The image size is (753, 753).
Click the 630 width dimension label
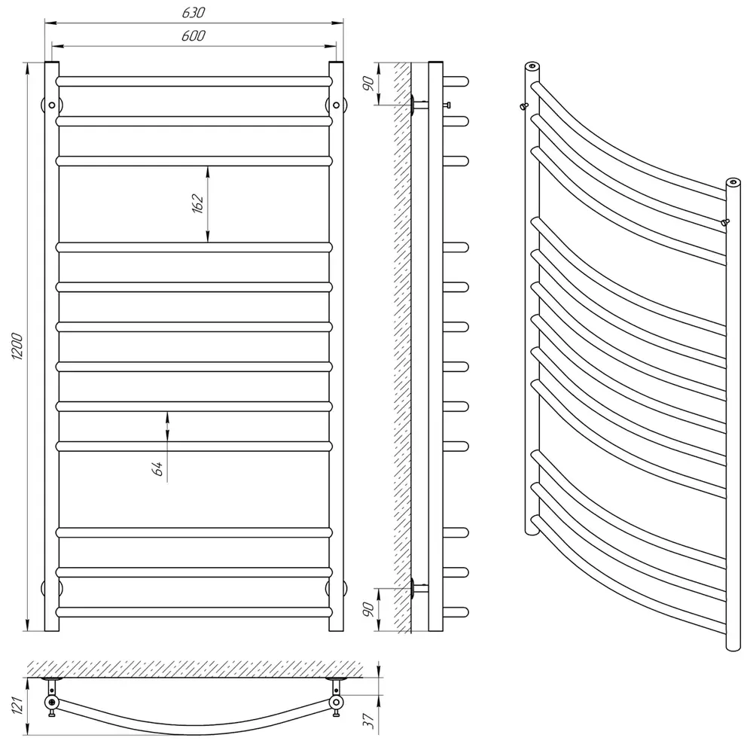(x=193, y=12)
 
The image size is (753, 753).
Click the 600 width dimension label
(x=193, y=35)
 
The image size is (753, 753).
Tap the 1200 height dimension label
(x=17, y=346)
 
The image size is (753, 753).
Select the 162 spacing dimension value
(x=198, y=203)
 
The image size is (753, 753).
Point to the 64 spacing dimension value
(x=157, y=468)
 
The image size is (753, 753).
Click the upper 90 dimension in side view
(x=368, y=84)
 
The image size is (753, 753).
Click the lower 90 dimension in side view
(x=368, y=609)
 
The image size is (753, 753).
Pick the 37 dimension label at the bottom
(x=368, y=721)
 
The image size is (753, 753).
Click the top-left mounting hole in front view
(x=52, y=105)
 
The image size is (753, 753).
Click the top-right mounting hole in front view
(x=336, y=105)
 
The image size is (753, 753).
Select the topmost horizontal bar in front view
(x=194, y=81)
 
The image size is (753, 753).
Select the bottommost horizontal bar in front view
(x=194, y=612)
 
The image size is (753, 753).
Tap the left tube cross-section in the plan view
(x=52, y=702)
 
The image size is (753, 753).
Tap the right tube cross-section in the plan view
(x=336, y=702)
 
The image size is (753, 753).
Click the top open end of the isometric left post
(x=532, y=66)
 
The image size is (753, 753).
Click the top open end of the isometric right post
(x=733, y=182)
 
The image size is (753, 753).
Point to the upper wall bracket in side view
(x=419, y=105)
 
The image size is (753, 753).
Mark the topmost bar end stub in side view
(x=456, y=81)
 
